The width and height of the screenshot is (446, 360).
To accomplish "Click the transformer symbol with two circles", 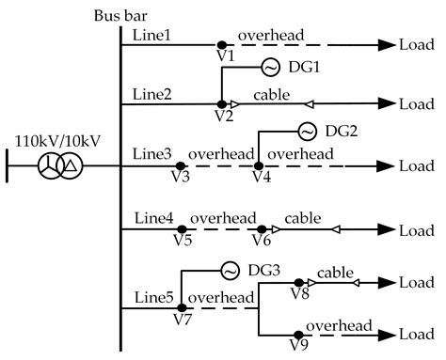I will tap(57, 166).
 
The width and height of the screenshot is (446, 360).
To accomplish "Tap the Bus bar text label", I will tap(119, 16).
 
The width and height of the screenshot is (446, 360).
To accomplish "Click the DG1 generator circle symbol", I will tap(268, 68).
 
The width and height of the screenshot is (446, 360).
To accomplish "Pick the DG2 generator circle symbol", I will tap(307, 131).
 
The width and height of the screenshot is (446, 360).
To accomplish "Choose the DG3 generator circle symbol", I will tap(230, 271).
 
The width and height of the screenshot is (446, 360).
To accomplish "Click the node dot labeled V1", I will tap(221, 44).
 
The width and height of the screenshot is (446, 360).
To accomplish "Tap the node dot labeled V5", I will tap(183, 228).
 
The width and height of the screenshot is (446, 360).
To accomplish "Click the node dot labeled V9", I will tap(298, 334).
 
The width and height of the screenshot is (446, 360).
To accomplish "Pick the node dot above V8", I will tap(298, 282).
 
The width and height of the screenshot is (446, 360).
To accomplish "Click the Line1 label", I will tap(151, 34).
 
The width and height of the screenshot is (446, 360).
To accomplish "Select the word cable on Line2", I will tap(273, 95).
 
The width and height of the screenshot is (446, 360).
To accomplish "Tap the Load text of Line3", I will tap(417, 166).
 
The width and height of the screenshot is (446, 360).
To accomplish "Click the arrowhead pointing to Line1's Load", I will tap(385, 44).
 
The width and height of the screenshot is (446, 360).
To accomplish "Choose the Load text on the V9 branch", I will tap(417, 334).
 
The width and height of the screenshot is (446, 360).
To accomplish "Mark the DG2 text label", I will tap(343, 132).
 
